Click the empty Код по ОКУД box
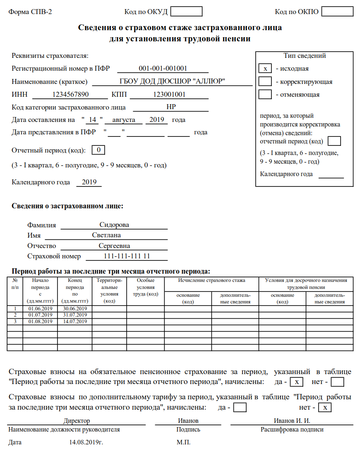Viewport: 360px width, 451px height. click(186, 12)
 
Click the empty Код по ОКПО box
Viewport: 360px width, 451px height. click(337, 12)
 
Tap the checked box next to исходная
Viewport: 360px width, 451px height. click(265, 69)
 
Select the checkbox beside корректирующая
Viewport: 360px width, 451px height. click(265, 82)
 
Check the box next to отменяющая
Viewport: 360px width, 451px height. click(265, 95)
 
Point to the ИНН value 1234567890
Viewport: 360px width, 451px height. click(70, 94)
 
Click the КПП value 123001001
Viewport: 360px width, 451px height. click(169, 94)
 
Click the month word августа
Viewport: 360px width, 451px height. click(124, 120)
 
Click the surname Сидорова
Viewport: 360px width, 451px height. click(114, 225)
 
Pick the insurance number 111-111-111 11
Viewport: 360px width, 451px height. click(127, 256)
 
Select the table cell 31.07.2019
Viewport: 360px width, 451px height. click(75, 315)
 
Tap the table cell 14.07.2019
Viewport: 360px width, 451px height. click(75, 321)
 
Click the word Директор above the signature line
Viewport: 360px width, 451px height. click(77, 420)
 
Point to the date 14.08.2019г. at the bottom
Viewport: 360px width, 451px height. click(86, 442)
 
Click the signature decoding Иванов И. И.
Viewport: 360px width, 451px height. click(292, 420)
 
